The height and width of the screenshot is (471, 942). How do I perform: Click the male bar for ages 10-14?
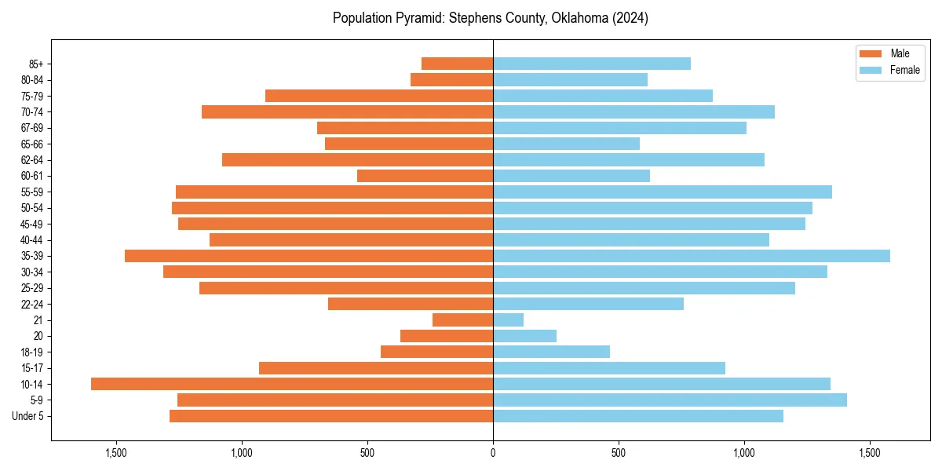292,384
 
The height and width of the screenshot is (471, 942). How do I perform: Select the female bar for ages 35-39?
692,256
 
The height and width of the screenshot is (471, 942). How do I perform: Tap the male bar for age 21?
462,320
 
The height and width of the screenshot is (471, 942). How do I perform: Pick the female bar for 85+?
592,64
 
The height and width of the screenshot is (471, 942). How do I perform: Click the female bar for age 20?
524,336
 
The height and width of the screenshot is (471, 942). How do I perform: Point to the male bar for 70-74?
347,112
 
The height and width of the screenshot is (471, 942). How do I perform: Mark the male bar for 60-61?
425,176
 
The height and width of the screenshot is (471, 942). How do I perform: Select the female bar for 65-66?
566,144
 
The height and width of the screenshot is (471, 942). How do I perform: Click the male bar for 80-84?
451,80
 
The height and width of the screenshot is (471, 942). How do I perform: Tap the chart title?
491,18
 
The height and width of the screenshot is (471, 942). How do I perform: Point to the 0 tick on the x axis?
493,453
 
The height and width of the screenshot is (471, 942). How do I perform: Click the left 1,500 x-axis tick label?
116,453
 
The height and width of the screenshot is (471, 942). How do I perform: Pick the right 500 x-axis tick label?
619,453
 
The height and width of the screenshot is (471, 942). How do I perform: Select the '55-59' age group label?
31,192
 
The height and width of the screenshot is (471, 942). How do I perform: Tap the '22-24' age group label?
31,305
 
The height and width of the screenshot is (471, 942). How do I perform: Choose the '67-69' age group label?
31,128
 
